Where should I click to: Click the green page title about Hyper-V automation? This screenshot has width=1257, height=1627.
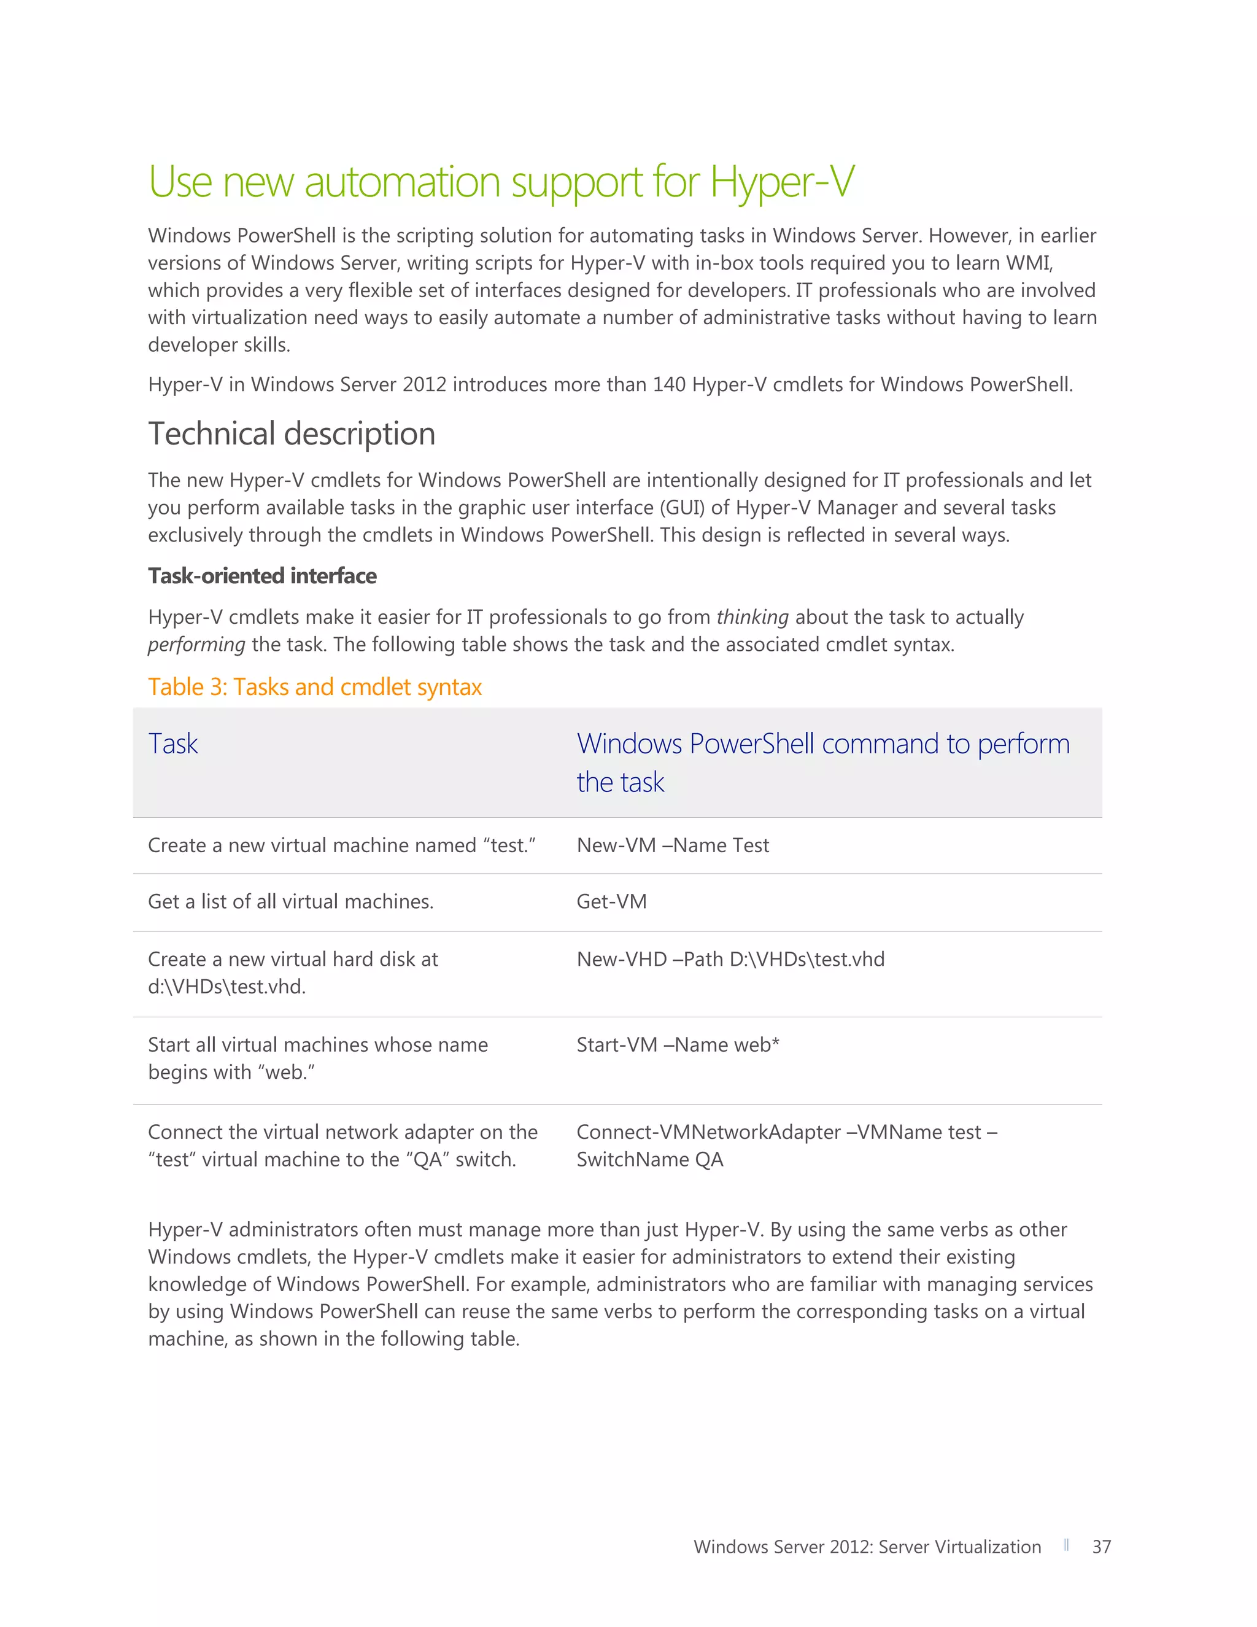click(x=501, y=182)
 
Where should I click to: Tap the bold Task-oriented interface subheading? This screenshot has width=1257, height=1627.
click(x=262, y=576)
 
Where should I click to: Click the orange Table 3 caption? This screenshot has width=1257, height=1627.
click(x=314, y=687)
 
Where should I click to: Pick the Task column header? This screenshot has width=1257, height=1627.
click(x=172, y=744)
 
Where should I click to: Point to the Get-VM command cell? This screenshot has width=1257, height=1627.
click(x=611, y=901)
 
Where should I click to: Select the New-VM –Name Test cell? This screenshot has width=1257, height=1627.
click(x=673, y=845)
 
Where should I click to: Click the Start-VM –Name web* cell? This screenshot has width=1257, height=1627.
click(x=678, y=1045)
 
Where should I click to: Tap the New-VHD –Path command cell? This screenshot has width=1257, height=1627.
click(x=730, y=960)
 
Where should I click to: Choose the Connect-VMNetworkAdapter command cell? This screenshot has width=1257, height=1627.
click(x=786, y=1146)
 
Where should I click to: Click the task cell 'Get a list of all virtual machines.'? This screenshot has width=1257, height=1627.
click(x=290, y=901)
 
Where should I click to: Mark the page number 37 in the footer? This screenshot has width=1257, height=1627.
click(x=1101, y=1547)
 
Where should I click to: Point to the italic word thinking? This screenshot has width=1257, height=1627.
click(x=752, y=618)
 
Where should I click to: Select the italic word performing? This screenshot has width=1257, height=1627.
click(x=196, y=645)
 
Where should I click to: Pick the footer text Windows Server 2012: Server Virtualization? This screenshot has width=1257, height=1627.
click(x=867, y=1547)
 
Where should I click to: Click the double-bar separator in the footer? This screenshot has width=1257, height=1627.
click(x=1066, y=1545)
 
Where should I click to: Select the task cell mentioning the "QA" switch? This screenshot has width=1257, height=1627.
click(x=342, y=1146)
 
